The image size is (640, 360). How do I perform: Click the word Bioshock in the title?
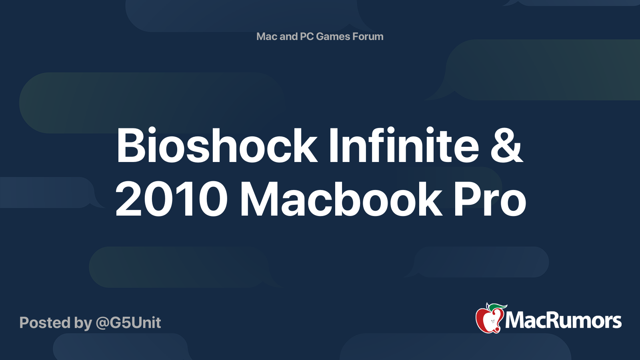tap(216, 145)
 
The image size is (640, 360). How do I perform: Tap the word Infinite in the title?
tap(404, 145)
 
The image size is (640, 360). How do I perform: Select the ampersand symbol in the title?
tap(507, 146)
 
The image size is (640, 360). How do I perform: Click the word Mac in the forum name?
tap(266, 36)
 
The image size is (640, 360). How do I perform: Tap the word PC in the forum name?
tap(306, 36)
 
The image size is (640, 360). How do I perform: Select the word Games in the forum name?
tap(333, 36)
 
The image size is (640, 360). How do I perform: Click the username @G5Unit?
tap(128, 323)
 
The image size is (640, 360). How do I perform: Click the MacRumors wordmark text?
tap(563, 321)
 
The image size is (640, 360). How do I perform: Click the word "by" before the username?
tap(83, 324)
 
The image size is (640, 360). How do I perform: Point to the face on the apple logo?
tap(492, 322)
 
